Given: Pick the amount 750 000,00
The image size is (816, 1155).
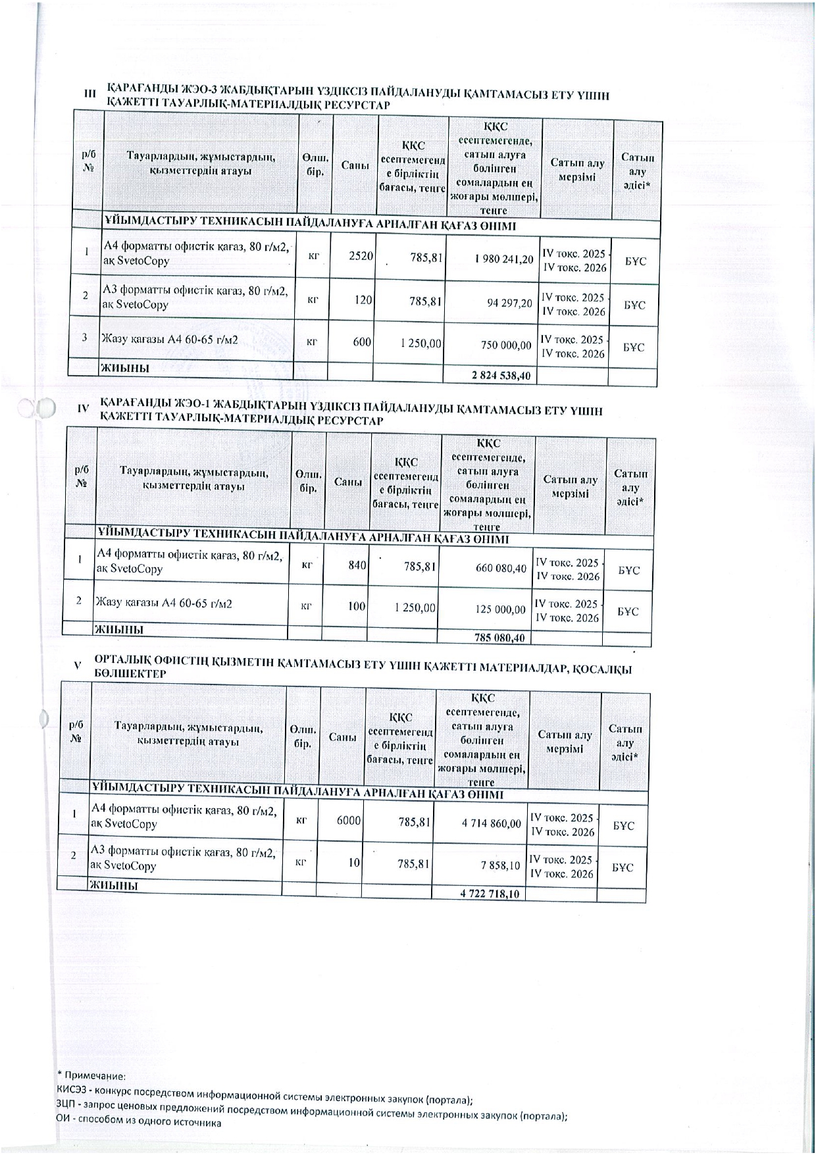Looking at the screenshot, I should pos(505,345).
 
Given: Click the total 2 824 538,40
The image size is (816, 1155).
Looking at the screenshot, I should pos(501,376).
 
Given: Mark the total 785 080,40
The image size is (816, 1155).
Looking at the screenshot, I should pos(499,637).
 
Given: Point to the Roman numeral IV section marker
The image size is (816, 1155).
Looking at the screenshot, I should pos(83,409).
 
